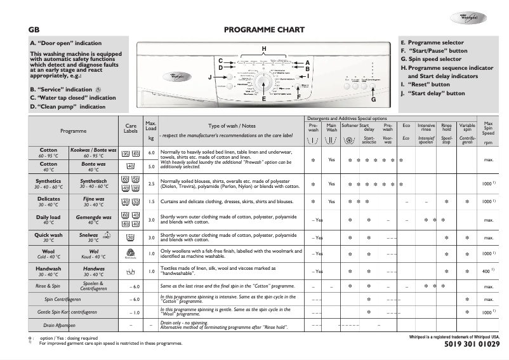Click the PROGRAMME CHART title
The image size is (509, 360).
click(x=264, y=30)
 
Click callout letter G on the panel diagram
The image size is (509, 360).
click(x=373, y=100)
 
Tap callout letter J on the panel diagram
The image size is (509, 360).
click(x=210, y=77)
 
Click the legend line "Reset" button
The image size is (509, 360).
click(x=425, y=84)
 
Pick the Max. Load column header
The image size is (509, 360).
click(x=151, y=130)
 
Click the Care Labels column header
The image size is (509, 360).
click(x=130, y=130)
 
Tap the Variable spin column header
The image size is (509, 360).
click(x=467, y=130)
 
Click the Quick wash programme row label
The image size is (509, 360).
click(x=48, y=237)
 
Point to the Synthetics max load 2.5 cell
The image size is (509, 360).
click(x=151, y=184)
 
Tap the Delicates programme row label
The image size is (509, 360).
click(x=48, y=201)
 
